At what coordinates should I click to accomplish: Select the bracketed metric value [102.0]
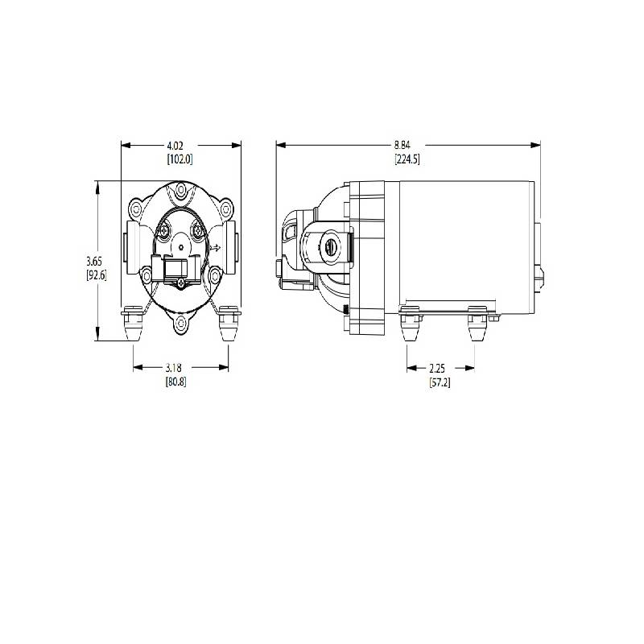tap(180, 159)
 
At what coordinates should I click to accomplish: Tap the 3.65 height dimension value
tap(95, 262)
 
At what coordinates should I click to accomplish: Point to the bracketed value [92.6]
tap(96, 275)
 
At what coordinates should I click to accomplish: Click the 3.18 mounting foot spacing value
tap(175, 368)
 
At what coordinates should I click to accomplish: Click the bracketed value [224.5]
tap(407, 159)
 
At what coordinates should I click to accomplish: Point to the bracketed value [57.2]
tap(440, 382)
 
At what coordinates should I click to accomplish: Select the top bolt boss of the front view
tap(181, 192)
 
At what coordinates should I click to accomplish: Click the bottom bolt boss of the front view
tap(181, 324)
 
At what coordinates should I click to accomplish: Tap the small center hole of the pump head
tap(182, 248)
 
